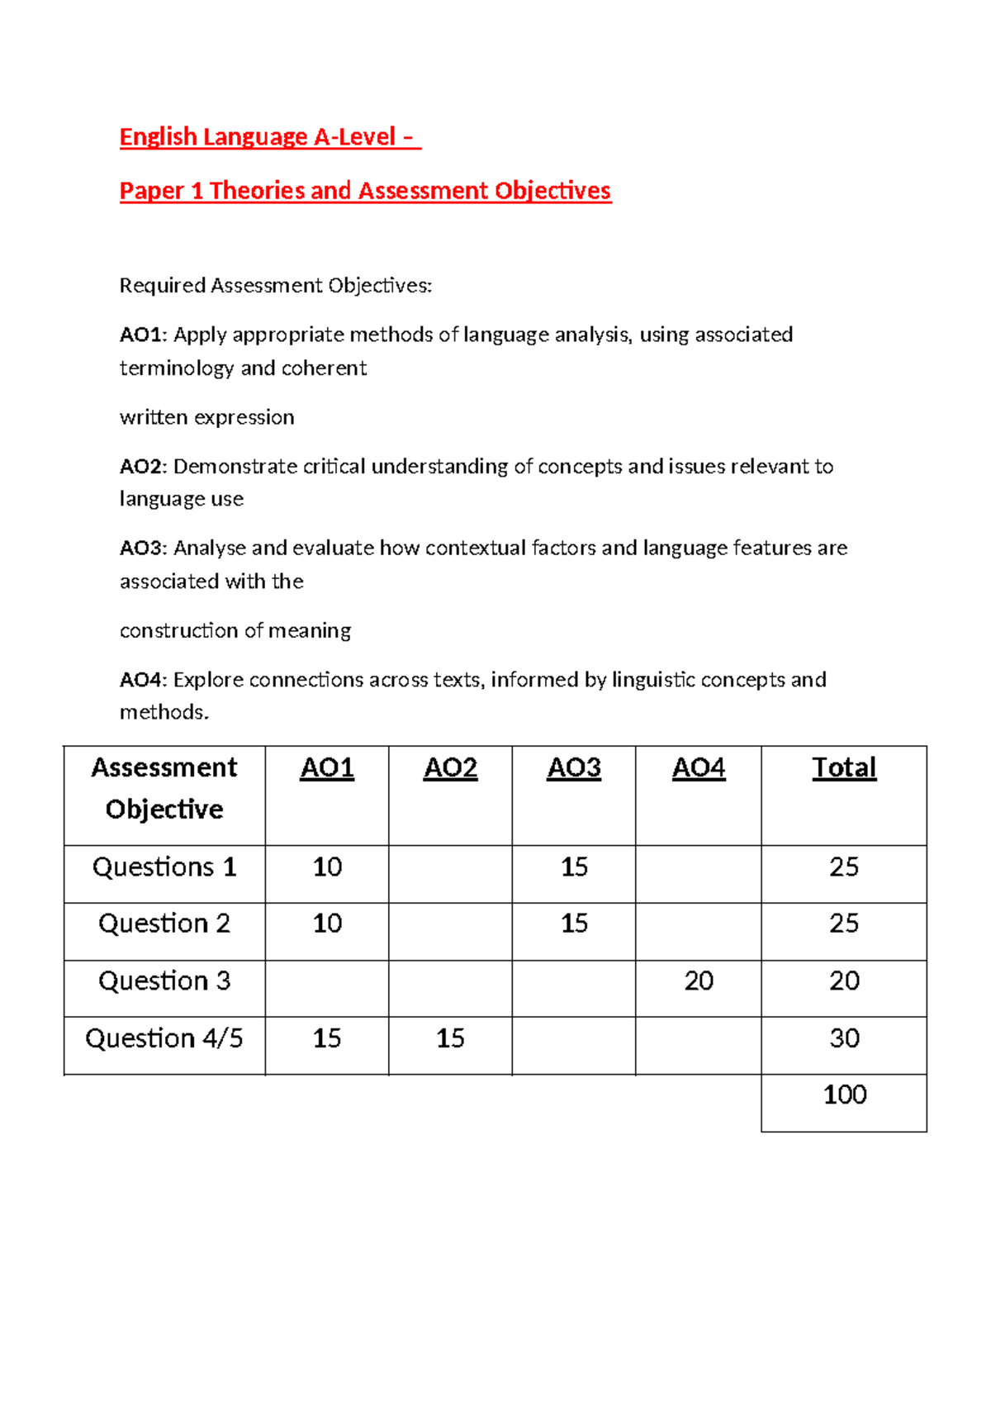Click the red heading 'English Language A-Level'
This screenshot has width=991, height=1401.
(x=269, y=136)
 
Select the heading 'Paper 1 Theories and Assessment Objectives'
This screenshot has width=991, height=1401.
(x=365, y=191)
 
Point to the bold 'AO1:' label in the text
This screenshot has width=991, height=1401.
(x=143, y=335)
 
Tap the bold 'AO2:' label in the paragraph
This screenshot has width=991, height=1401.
(x=143, y=467)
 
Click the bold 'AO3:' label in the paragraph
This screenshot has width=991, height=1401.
(x=143, y=549)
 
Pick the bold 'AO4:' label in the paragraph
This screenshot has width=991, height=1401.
(x=143, y=680)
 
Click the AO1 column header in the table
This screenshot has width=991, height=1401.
(x=327, y=768)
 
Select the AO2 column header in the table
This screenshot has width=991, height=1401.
(x=450, y=768)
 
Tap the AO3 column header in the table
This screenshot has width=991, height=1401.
(x=574, y=768)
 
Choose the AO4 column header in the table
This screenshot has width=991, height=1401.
(x=699, y=768)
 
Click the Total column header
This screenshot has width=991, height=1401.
(x=844, y=768)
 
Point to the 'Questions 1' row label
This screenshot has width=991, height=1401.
(x=164, y=867)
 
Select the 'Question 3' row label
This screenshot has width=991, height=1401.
(x=164, y=981)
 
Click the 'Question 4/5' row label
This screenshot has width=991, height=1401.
(x=164, y=1038)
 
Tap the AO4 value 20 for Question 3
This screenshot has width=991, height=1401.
(x=699, y=981)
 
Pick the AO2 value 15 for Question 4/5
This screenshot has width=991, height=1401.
(x=450, y=1038)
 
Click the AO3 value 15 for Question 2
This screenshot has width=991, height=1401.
(x=574, y=924)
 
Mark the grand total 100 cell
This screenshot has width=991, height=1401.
(x=844, y=1095)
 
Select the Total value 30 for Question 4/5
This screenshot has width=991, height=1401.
(x=844, y=1038)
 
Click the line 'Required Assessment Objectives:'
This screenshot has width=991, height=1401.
(x=276, y=286)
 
